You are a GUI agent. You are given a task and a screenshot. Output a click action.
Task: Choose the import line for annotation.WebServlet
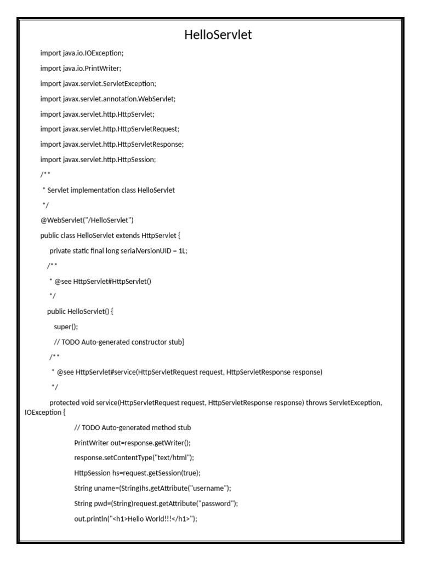pyautogui.click(x=108, y=99)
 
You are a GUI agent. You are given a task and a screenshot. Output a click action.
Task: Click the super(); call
pyautogui.click(x=66, y=327)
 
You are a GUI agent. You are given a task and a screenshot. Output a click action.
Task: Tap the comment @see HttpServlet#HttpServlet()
pyautogui.click(x=100, y=281)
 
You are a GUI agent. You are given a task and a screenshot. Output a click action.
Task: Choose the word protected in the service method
pyautogui.click(x=65, y=403)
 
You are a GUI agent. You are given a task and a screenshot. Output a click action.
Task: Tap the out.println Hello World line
pyautogui.click(x=135, y=518)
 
